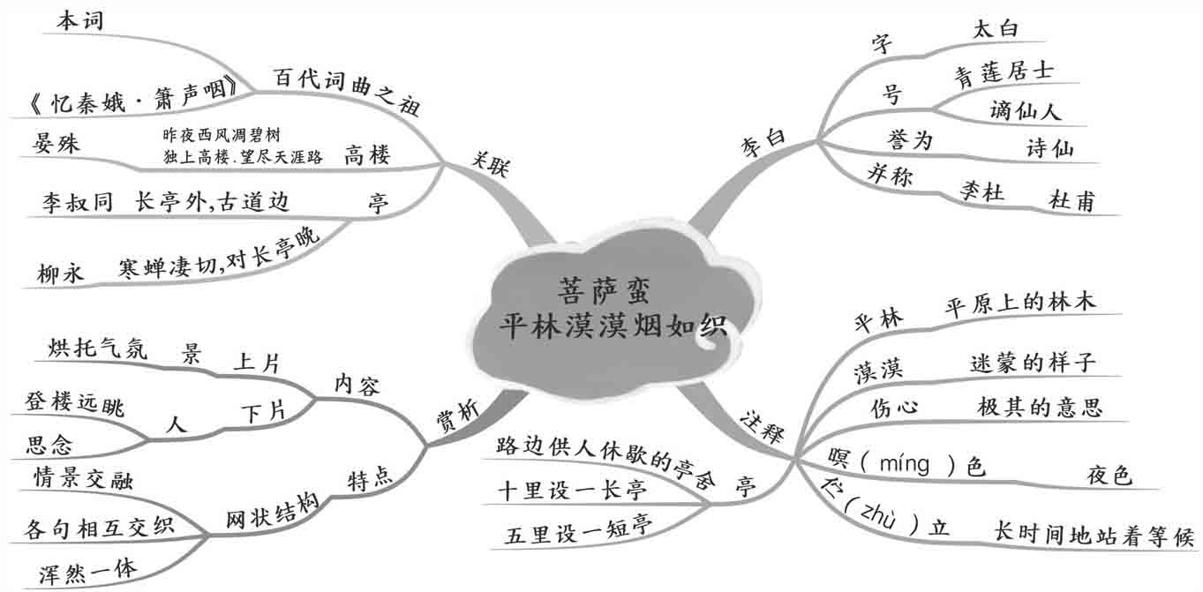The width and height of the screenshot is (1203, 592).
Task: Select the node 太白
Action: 995,28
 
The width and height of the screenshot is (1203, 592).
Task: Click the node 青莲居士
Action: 1004,71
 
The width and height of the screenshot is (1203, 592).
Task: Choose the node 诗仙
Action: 1050,148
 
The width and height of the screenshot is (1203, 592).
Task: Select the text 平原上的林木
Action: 1020,302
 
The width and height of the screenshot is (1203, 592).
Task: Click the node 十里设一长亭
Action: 572,491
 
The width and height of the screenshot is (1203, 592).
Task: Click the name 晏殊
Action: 56,144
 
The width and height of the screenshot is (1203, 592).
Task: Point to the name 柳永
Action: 60,273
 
